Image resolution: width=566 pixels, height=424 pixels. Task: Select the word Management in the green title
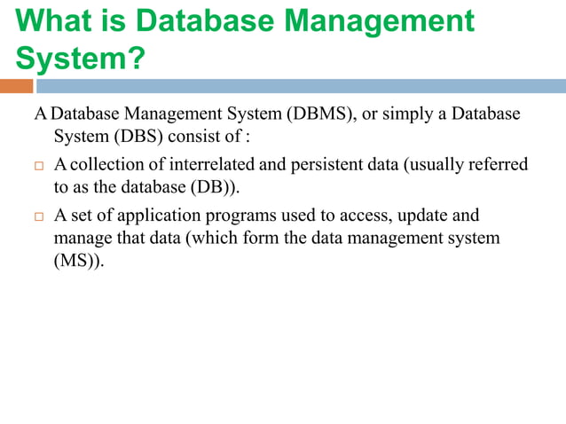(x=381, y=21)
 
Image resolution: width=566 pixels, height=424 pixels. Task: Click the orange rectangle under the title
(x=17, y=86)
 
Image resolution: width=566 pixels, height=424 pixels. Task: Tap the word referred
(x=498, y=165)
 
